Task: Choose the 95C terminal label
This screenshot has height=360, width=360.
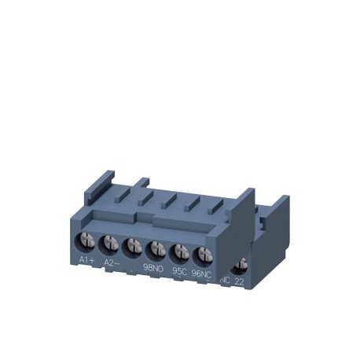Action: [179, 272]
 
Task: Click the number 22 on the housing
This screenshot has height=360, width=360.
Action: [240, 281]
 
